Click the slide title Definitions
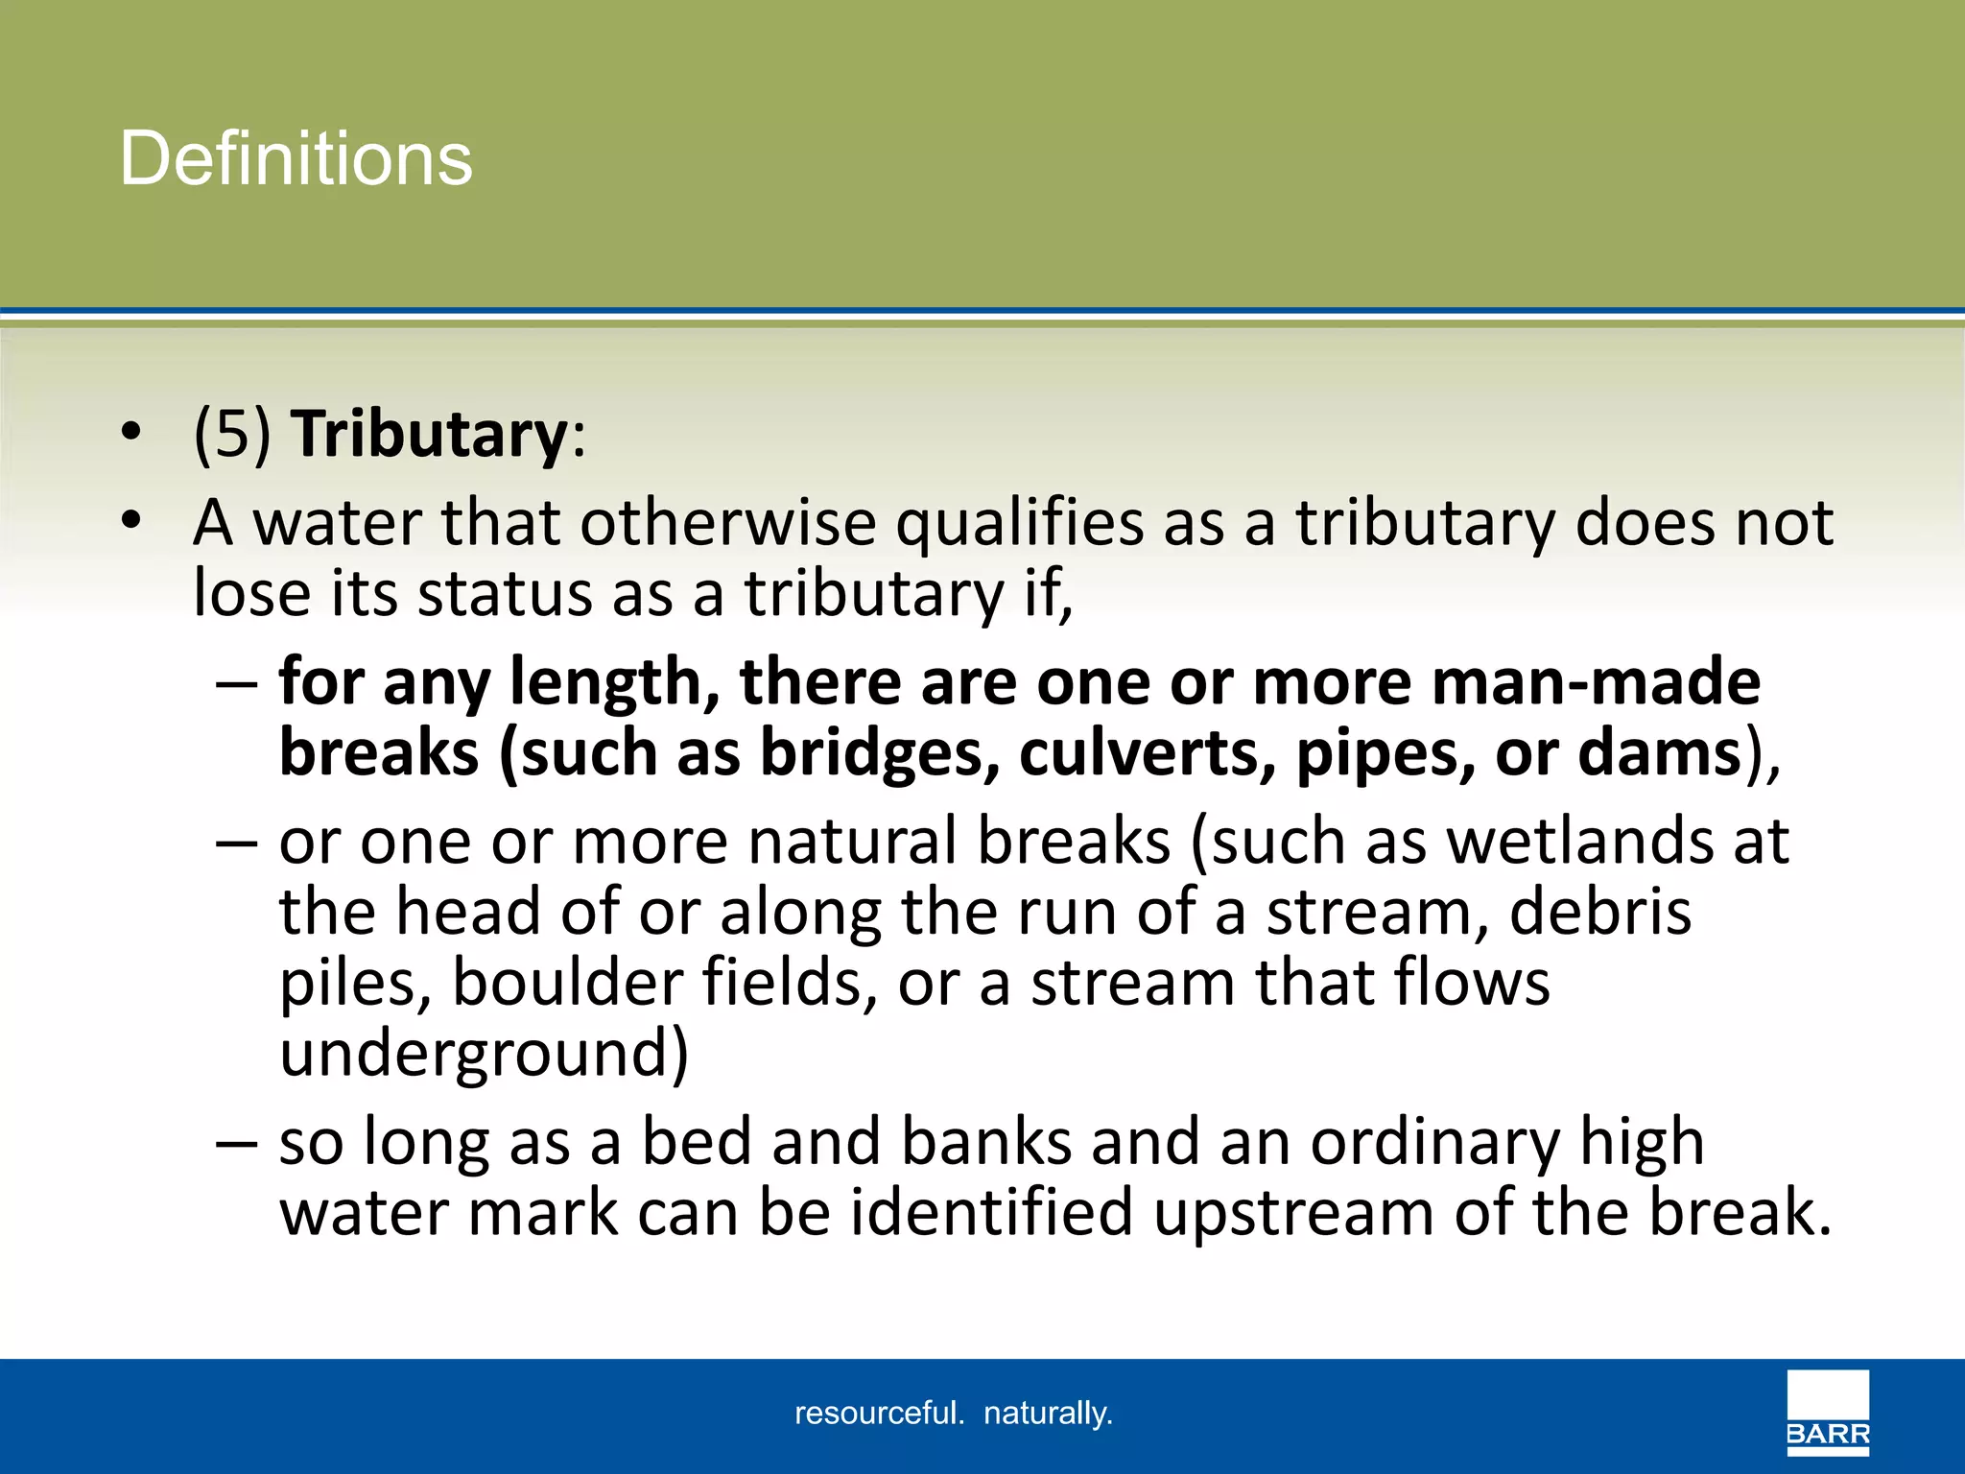[x=296, y=158]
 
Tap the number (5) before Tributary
[x=232, y=435]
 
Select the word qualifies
[x=1020, y=524]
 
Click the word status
[x=505, y=594]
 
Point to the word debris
[x=1599, y=912]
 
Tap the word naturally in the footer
[x=1048, y=1414]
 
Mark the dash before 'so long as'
[x=236, y=1144]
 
